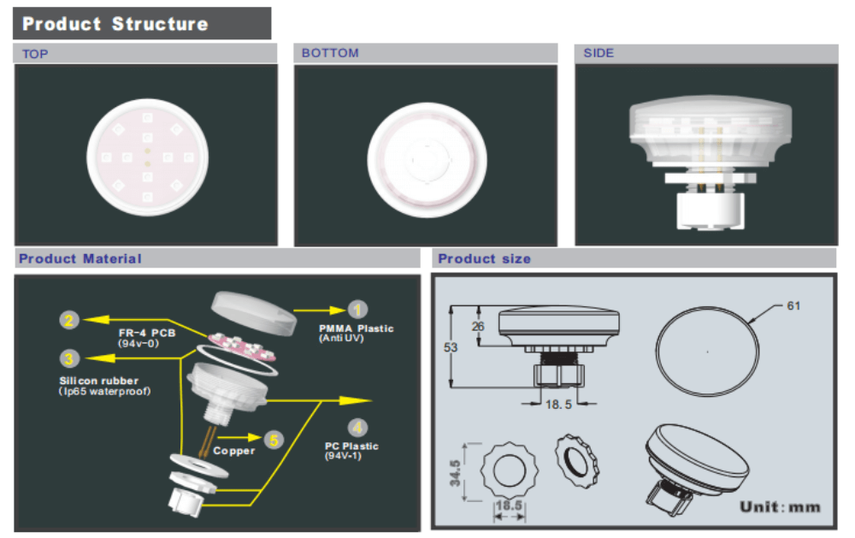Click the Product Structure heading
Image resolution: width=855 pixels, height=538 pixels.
tap(115, 24)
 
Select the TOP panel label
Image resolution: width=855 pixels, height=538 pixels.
tap(35, 54)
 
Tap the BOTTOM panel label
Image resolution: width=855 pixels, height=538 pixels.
tap(330, 53)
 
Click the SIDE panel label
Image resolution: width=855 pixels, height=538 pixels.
tap(598, 53)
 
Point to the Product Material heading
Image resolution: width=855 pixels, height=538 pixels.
tap(80, 258)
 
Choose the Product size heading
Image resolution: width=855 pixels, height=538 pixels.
tap(484, 258)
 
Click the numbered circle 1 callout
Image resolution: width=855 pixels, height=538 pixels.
tap(358, 310)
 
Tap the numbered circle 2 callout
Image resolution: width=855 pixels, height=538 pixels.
tap(69, 321)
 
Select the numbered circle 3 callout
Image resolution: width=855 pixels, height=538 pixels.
tap(69, 358)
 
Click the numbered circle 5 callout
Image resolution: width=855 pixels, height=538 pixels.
tap(273, 440)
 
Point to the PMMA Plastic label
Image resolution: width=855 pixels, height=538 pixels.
tap(357, 328)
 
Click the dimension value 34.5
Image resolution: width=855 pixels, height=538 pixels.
tap(455, 472)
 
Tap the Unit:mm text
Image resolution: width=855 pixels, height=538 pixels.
tap(780, 506)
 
